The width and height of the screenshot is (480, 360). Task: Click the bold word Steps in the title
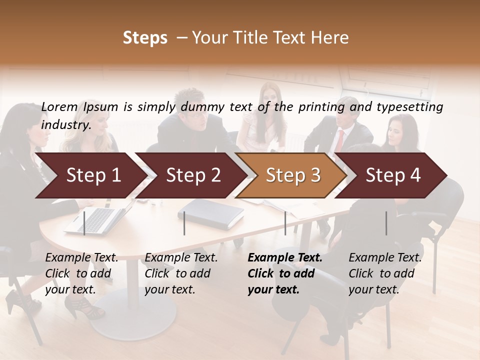point(145,38)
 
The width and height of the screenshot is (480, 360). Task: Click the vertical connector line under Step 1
point(84,223)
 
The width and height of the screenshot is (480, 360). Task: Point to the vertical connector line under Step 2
point(184,223)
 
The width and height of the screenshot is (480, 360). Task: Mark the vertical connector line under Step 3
point(285,223)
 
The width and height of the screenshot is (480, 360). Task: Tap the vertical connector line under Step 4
point(386,223)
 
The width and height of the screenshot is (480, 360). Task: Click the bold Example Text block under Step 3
point(285,273)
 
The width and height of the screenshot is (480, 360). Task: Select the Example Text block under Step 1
point(81,273)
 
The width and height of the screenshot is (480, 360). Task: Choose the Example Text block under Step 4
point(385,273)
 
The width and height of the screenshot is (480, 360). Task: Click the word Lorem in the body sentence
point(59,106)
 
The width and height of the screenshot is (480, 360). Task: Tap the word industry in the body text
point(65,125)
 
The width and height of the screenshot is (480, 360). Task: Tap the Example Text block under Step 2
point(181,273)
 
